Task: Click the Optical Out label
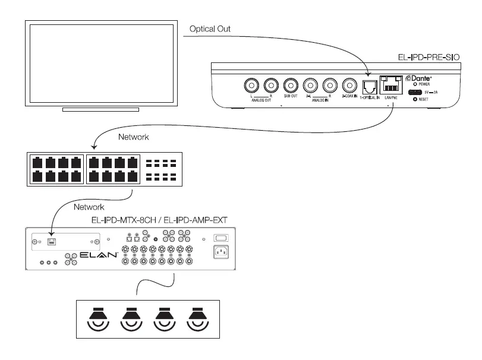[x=210, y=29]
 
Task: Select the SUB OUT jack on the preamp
[x=291, y=86]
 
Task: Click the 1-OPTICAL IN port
[x=370, y=87]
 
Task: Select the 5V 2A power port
[x=414, y=93]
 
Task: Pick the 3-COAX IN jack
[x=349, y=86]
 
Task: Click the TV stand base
[x=100, y=109]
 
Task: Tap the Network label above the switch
[x=134, y=137]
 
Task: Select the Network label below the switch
[x=89, y=207]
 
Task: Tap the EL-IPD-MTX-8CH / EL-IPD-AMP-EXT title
[x=159, y=220]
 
